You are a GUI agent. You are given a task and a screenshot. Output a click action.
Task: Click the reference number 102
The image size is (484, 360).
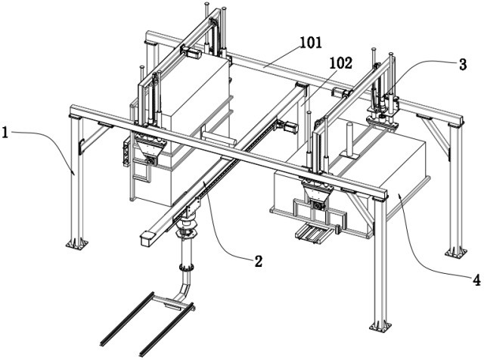[341, 64]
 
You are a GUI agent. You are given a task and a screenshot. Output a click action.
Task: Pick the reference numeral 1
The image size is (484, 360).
[6, 133]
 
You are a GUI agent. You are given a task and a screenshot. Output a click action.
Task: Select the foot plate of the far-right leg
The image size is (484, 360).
[455, 250]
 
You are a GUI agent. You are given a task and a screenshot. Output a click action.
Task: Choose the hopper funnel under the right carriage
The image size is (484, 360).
[316, 201]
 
